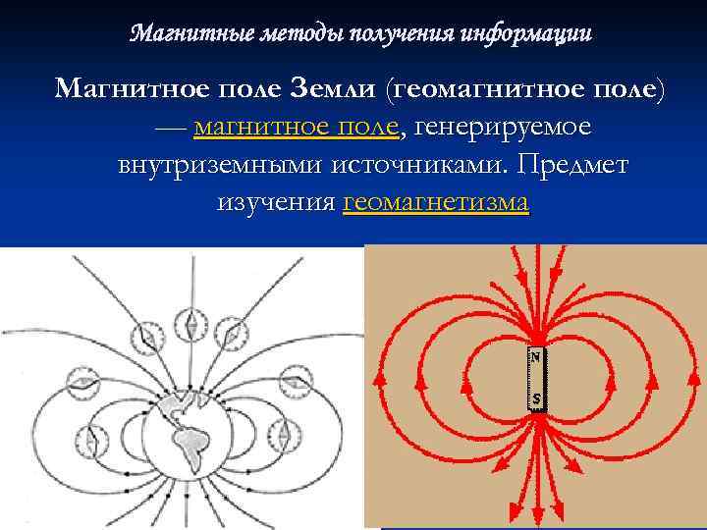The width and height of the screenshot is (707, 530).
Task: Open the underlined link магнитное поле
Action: [297, 127]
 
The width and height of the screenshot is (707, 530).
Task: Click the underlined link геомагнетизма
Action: [436, 202]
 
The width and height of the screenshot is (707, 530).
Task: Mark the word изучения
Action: [274, 202]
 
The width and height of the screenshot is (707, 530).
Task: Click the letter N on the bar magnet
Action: [536, 358]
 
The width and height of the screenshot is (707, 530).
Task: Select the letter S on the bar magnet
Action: [536, 399]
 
